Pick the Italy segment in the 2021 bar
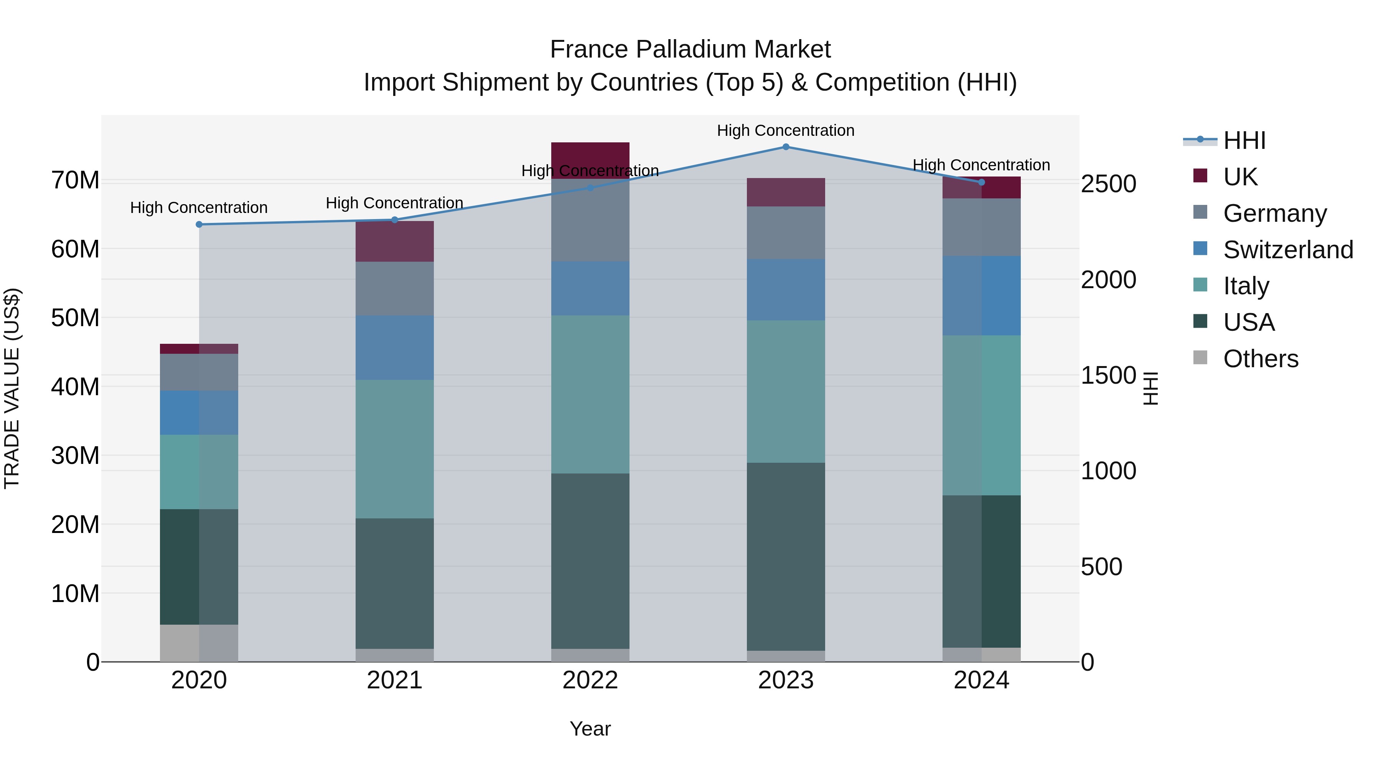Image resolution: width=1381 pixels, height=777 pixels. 395,449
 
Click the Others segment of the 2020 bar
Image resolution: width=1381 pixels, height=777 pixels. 199,643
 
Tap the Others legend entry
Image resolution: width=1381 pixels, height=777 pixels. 1261,359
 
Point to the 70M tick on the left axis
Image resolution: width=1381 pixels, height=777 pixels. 75,180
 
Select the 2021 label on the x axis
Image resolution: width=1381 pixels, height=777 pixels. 395,680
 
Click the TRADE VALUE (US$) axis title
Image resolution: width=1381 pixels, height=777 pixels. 12,388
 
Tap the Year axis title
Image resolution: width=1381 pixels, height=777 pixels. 590,729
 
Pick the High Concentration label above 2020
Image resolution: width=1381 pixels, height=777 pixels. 199,208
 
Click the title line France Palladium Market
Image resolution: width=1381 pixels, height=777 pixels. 690,49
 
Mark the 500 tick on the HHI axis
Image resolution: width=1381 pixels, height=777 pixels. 1101,567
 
